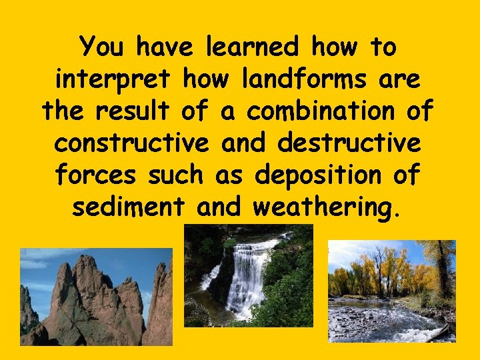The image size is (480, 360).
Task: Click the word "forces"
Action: (96, 175)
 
